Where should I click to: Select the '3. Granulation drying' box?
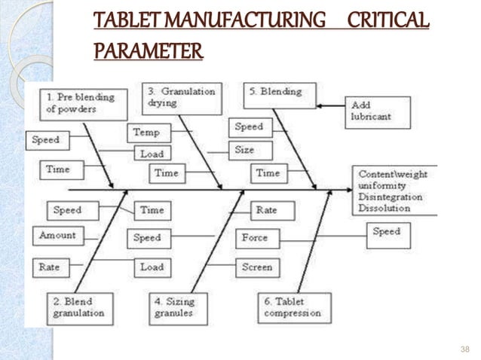pos(182,99)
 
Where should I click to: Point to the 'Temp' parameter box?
pos(147,133)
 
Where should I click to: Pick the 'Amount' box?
pos(58,236)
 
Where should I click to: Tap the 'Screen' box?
pos(257,267)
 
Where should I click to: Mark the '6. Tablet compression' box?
pos(293,307)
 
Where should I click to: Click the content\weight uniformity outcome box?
pos(393,191)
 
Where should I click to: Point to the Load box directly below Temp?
pos(152,154)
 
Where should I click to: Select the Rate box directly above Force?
pos(265,210)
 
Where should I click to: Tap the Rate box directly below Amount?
pos(50,267)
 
